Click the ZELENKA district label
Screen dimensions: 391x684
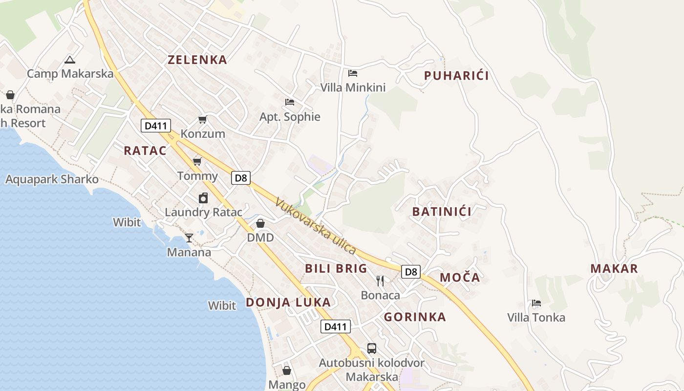197,60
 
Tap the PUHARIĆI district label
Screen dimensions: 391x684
456,76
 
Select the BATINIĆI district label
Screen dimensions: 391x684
442,212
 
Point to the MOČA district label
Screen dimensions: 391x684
460,278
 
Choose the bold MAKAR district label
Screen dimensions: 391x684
614,268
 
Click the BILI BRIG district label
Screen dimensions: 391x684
336,268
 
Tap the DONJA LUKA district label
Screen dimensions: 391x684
288,303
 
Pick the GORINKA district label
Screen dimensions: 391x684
415,317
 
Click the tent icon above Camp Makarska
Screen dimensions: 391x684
70,60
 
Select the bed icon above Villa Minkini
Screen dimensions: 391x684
353,73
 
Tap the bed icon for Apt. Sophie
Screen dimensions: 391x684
290,102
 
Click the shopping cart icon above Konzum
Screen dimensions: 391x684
203,119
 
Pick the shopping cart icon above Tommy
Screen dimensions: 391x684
197,161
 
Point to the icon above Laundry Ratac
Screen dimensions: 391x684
203,198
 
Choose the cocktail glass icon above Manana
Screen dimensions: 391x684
189,238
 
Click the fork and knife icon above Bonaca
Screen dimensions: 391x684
380,281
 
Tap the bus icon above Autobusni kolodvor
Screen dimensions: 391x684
372,348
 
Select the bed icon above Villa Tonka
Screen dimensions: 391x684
536,303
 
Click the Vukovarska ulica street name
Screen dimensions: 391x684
316,226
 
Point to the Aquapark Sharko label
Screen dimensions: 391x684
52,179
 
